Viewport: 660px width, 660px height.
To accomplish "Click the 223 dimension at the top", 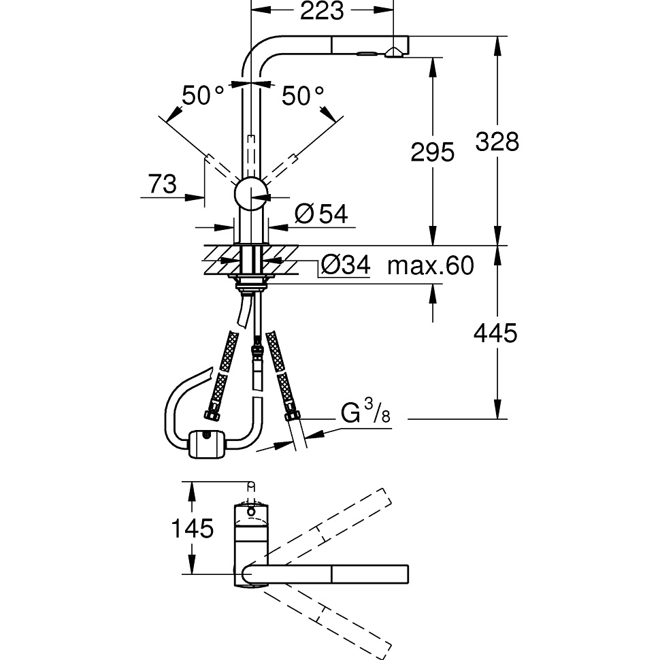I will click(x=318, y=12).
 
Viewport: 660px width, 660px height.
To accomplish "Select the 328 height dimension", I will click(x=497, y=142).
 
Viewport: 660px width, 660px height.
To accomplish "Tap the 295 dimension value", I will click(x=432, y=152).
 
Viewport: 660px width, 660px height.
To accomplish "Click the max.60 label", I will click(x=430, y=265).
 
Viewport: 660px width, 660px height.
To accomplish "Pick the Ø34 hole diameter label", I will click(x=345, y=265).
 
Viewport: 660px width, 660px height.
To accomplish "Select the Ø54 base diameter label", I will click(x=322, y=214).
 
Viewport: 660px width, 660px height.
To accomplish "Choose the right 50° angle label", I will click(x=303, y=96).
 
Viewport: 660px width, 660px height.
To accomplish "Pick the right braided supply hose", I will click(x=281, y=374).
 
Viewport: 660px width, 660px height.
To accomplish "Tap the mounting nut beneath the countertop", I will click(x=251, y=283).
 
